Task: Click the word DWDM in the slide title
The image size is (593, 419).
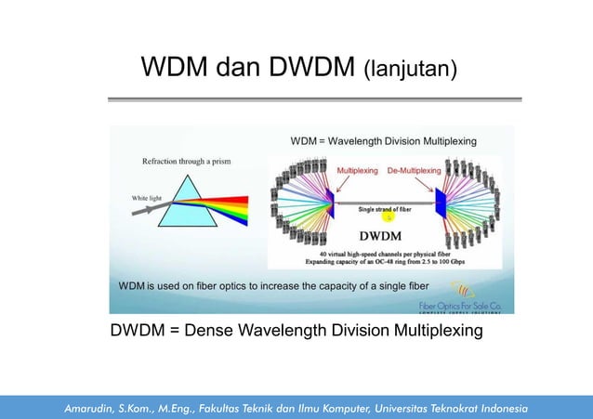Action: click(x=310, y=67)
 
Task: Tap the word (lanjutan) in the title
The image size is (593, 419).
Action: click(x=410, y=70)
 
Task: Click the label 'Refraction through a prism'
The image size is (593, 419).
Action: click(x=186, y=161)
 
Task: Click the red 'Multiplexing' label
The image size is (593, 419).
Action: click(x=357, y=172)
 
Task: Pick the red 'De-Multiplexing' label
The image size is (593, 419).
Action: click(x=414, y=172)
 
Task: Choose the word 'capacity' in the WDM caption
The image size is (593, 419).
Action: click(x=347, y=285)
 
